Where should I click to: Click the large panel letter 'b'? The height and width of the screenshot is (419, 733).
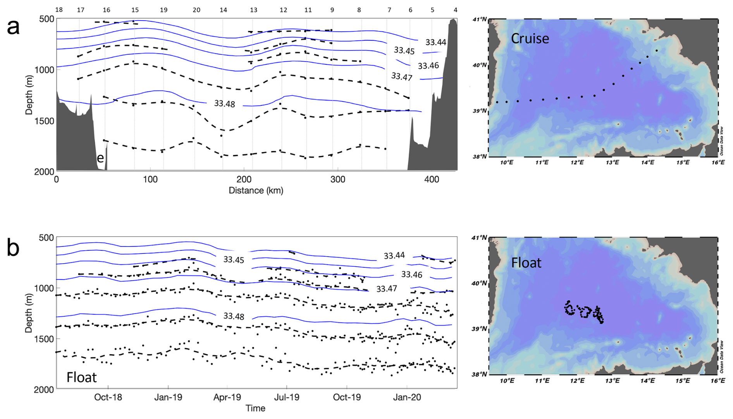point(13,248)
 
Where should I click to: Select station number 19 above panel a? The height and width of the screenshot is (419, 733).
point(163,10)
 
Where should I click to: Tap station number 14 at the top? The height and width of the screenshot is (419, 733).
point(223,10)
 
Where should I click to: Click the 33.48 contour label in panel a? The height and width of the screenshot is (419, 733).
point(225,103)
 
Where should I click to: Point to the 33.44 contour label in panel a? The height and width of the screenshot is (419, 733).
point(436,42)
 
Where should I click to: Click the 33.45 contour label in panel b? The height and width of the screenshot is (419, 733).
point(234,260)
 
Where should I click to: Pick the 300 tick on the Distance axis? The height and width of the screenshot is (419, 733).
point(338,179)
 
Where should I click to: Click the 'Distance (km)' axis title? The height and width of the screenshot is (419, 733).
point(256,191)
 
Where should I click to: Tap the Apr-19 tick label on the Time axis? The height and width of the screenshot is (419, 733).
point(227,397)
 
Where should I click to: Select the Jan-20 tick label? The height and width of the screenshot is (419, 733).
point(407,397)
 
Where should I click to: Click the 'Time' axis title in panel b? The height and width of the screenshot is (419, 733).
point(255,408)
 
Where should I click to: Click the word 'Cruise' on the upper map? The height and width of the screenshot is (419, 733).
point(530,38)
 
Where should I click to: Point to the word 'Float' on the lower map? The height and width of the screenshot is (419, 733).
point(526,263)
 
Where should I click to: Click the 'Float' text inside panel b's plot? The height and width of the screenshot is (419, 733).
point(81,377)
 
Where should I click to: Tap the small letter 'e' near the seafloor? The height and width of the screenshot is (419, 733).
point(100,158)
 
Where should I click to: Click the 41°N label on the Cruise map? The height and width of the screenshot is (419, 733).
point(479,19)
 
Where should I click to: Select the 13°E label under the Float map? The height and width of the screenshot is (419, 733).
point(612,381)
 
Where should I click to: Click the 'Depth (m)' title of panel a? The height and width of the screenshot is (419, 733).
point(29,95)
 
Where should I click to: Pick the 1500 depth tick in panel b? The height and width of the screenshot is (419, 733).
point(46,339)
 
